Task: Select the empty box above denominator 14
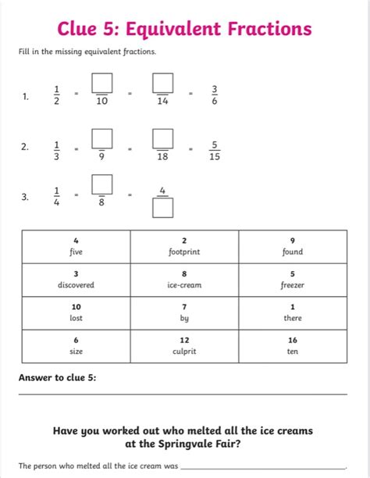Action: [x=162, y=81]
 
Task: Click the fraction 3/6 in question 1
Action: [x=214, y=95]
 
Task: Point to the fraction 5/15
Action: [x=214, y=149]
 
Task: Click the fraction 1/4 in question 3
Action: [x=56, y=196]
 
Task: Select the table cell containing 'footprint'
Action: [x=184, y=246]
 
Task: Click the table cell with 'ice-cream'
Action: [x=184, y=280]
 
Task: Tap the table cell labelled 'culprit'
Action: [x=184, y=346]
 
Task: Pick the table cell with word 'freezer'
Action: [x=292, y=280]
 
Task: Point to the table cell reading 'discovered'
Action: [x=76, y=280]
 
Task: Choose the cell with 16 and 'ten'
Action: [x=292, y=346]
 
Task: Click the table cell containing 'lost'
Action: [x=76, y=312]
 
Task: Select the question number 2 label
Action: [x=26, y=147]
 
